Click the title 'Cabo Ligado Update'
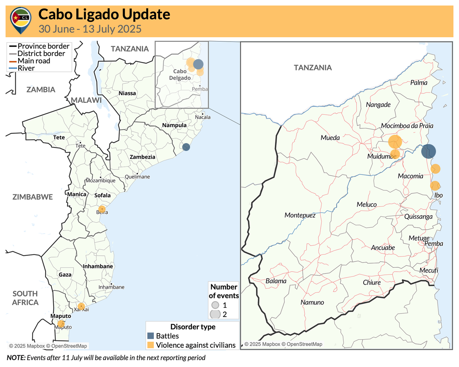click(x=104, y=14)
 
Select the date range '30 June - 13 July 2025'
click(x=90, y=29)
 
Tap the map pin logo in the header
click(x=21, y=20)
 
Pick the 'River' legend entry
click(x=26, y=68)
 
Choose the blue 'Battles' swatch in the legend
click(x=151, y=336)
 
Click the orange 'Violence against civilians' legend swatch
click(x=151, y=345)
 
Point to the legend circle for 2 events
click(x=215, y=314)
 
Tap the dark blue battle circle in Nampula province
click(x=186, y=147)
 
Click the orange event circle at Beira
click(x=102, y=209)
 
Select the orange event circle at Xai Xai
click(x=81, y=306)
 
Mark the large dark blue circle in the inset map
click(x=428, y=151)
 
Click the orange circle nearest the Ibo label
click(x=435, y=185)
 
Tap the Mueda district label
click(x=330, y=138)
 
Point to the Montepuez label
click(x=300, y=215)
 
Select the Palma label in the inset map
click(x=419, y=83)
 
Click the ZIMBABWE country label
click(x=33, y=197)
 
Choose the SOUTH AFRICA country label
click(x=25, y=298)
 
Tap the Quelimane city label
click(x=137, y=177)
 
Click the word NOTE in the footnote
click(x=16, y=358)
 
